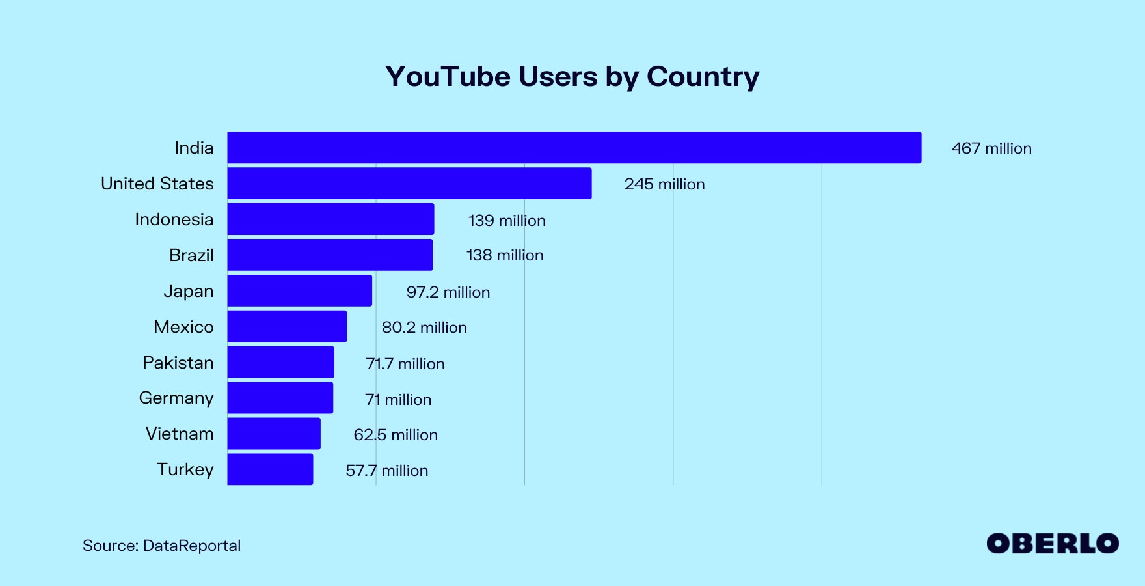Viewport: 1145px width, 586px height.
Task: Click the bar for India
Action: (x=574, y=148)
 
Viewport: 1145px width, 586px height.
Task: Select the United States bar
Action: (x=409, y=184)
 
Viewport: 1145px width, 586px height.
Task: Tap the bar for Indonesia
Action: (x=330, y=219)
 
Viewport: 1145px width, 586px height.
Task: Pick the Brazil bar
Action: (x=330, y=255)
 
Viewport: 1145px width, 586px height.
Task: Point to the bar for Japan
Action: (x=299, y=291)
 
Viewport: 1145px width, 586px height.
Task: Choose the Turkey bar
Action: (x=270, y=469)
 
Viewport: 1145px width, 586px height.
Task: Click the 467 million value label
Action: (x=991, y=148)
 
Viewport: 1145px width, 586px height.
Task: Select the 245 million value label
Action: (x=664, y=184)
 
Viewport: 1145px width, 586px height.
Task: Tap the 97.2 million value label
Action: (x=448, y=292)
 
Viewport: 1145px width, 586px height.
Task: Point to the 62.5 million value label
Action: (x=396, y=435)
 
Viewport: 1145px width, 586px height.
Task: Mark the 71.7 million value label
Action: (x=405, y=364)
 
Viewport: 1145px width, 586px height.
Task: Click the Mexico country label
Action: (x=183, y=327)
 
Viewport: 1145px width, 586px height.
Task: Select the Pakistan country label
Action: (x=178, y=363)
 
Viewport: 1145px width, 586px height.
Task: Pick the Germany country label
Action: (x=176, y=398)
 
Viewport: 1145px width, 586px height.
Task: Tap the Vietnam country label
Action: (x=180, y=434)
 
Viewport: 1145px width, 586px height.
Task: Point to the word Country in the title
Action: (x=703, y=77)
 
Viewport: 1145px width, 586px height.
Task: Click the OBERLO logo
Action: (x=1052, y=544)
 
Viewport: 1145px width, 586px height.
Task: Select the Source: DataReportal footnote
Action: (x=161, y=546)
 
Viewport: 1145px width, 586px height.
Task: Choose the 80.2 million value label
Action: (x=424, y=328)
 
